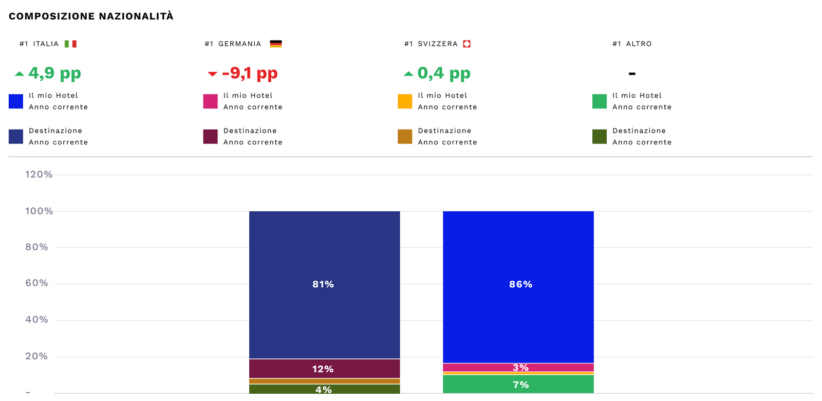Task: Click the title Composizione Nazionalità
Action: point(91,16)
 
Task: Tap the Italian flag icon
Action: point(70,44)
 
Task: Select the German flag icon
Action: point(276,44)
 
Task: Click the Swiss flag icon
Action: point(466,44)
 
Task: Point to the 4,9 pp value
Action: point(54,73)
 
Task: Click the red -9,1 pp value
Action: point(250,73)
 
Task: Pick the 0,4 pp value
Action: point(444,73)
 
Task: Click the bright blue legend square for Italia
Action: point(16,101)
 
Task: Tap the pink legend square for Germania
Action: point(211,101)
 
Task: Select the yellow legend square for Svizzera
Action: point(405,101)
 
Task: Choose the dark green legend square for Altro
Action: point(600,137)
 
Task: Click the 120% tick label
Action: point(39,175)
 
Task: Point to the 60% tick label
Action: point(37,283)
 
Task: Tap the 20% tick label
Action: point(37,356)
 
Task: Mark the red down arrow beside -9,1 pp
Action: point(212,74)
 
